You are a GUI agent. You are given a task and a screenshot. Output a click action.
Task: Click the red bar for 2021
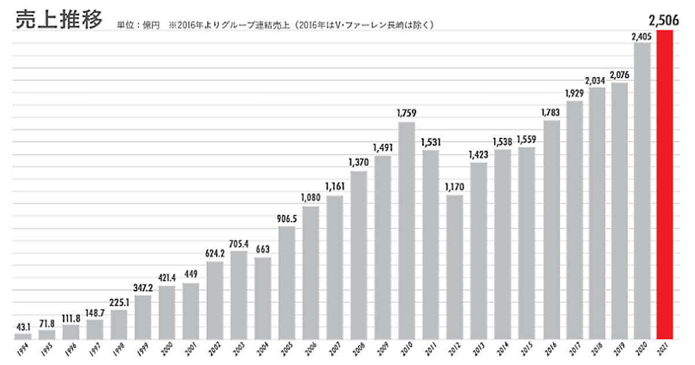coord(665,185)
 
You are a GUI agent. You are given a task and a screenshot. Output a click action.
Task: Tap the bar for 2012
coord(455,267)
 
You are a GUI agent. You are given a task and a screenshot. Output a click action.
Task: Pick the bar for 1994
coord(23,336)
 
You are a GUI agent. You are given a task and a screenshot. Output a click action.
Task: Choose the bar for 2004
coord(263,298)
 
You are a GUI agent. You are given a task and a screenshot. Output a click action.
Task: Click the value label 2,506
coord(664,21)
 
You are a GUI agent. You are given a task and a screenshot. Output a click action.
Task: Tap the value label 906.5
coord(287,219)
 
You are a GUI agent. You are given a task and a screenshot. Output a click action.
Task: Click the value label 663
coord(263,250)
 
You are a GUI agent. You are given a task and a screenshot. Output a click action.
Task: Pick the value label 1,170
coord(455,187)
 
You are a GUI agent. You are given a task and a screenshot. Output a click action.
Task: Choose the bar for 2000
coord(167,312)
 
